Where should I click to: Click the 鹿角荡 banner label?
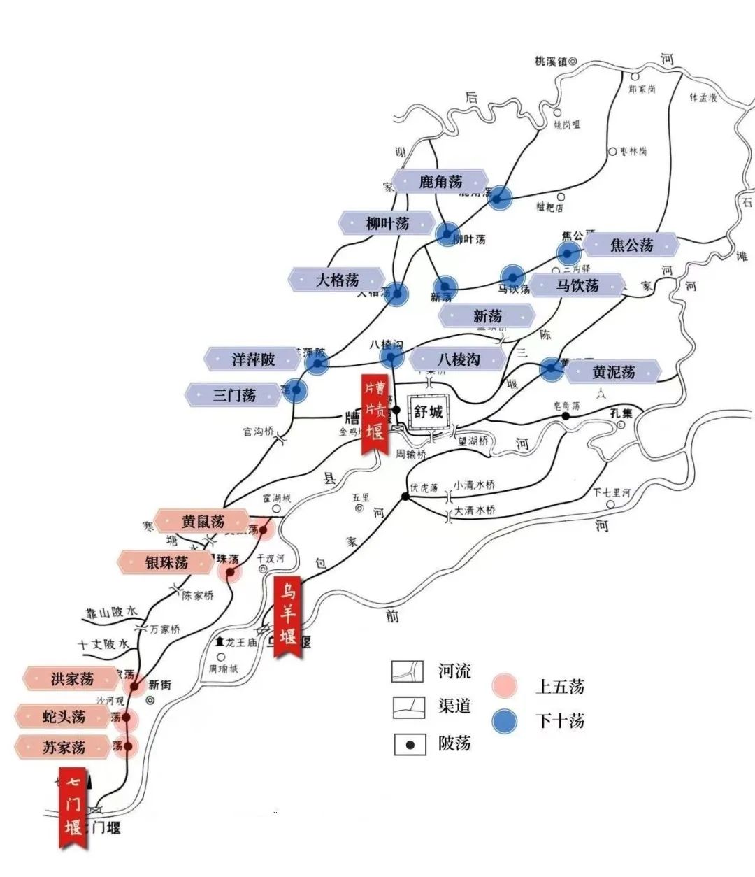pyautogui.click(x=440, y=182)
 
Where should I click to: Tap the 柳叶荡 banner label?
pyautogui.click(x=387, y=223)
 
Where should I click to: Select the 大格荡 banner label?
pyautogui.click(x=337, y=280)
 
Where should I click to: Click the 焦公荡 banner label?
pyautogui.click(x=631, y=245)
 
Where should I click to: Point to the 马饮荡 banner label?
pyautogui.click(x=577, y=285)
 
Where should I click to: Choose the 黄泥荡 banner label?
pyautogui.click(x=613, y=372)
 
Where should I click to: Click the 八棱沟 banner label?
pyautogui.click(x=459, y=359)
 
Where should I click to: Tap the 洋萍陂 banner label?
pyautogui.click(x=253, y=359)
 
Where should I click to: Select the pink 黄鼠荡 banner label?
pyautogui.click(x=203, y=521)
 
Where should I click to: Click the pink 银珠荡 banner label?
pyautogui.click(x=166, y=562)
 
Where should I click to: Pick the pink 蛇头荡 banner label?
pyautogui.click(x=64, y=716)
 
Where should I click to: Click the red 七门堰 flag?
pyautogui.click(x=73, y=807)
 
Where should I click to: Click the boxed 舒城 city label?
pyautogui.click(x=429, y=411)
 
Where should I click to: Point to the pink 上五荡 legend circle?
pyautogui.click(x=504, y=686)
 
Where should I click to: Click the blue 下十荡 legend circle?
pyautogui.click(x=504, y=721)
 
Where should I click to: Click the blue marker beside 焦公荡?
pyautogui.click(x=568, y=252)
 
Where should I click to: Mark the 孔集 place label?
pyautogui.click(x=621, y=413)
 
